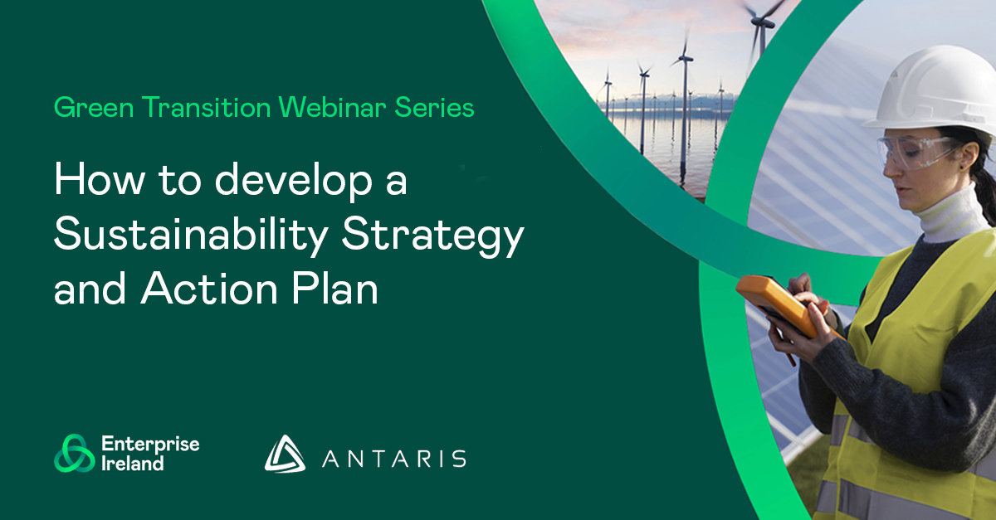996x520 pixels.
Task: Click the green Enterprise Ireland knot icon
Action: coord(73,453)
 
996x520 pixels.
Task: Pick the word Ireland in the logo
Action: coord(133,464)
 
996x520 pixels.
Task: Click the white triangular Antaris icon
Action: coord(284,454)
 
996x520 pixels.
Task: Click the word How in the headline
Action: coord(86,182)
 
